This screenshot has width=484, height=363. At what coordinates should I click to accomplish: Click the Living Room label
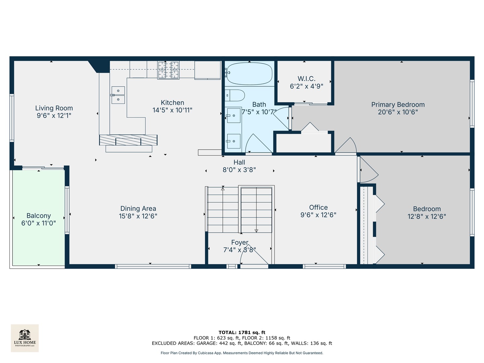click(54, 108)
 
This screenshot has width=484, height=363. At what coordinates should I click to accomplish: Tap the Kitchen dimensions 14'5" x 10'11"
click(172, 110)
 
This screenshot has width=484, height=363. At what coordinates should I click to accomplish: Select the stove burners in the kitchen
click(168, 70)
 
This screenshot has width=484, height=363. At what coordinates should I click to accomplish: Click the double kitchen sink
click(118, 95)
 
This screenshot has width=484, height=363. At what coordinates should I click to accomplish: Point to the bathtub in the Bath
click(249, 73)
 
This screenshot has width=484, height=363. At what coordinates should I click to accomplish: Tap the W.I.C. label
click(307, 79)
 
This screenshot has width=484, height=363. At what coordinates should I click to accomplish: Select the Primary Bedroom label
click(398, 105)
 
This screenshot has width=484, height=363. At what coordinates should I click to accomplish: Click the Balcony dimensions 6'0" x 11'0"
click(39, 223)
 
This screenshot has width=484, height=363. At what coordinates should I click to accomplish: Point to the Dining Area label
click(138, 208)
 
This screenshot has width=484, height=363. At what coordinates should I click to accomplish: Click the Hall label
click(239, 162)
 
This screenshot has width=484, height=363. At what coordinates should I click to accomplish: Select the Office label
click(318, 207)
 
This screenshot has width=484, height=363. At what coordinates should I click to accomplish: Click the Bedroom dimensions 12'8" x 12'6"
click(427, 216)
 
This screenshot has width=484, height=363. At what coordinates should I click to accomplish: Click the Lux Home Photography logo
click(25, 338)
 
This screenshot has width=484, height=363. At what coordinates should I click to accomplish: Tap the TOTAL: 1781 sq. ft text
click(242, 332)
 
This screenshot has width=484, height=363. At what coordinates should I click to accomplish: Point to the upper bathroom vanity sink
click(234, 116)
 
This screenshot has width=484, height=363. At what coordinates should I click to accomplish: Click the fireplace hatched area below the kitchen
click(128, 140)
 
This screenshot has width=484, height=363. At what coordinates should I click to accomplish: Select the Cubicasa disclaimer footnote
click(242, 353)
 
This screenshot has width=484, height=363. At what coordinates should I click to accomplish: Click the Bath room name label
click(259, 105)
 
